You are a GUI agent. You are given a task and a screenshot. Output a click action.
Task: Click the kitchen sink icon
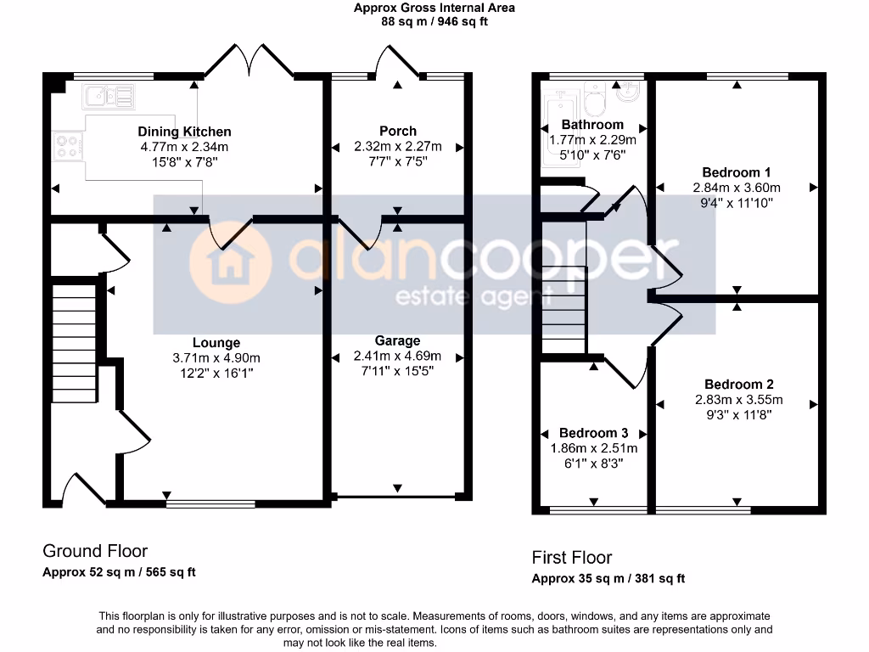pyautogui.click(x=108, y=96)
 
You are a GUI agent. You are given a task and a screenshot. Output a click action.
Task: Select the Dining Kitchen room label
pyautogui.click(x=184, y=132)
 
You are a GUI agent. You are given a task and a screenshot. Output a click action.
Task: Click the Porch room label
pyautogui.click(x=398, y=131)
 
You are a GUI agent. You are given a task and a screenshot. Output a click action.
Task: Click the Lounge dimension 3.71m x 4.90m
pyautogui.click(x=216, y=357)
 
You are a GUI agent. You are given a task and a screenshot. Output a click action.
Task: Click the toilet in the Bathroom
pyautogui.click(x=594, y=99)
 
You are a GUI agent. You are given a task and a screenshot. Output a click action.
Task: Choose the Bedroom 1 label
pyautogui.click(x=737, y=172)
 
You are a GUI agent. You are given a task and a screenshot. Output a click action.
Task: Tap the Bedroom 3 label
pyautogui.click(x=594, y=433)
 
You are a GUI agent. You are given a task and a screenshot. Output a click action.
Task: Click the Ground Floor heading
pyautogui.click(x=95, y=552)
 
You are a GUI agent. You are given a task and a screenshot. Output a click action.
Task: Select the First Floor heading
pyautogui.click(x=572, y=558)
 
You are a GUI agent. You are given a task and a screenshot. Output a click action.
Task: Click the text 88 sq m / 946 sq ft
pyautogui.click(x=434, y=22)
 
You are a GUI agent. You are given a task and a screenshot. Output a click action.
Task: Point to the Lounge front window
pyautogui.click(x=210, y=503)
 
